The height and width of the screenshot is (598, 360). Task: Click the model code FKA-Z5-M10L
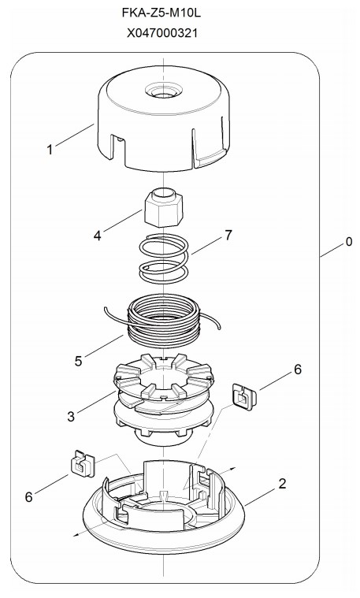tap(161, 13)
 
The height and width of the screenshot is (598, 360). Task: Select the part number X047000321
tap(162, 33)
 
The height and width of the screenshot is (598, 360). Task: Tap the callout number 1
tap(50, 150)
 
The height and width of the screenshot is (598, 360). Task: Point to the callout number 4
tap(98, 236)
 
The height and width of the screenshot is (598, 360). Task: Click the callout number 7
tap(228, 236)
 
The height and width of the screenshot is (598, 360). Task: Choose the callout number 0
tap(348, 241)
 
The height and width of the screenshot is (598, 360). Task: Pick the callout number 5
tap(78, 361)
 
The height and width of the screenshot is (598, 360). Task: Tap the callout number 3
tap(71, 417)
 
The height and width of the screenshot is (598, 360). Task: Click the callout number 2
tap(282, 484)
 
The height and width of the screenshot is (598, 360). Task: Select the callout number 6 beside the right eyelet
tap(298, 370)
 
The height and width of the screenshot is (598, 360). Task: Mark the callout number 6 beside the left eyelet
tap(29, 496)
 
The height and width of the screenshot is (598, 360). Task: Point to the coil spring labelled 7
tap(164, 258)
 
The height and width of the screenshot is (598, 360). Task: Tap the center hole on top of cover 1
tap(164, 91)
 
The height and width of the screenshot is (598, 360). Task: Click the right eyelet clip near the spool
tap(244, 396)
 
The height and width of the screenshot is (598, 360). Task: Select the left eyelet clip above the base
tap(83, 463)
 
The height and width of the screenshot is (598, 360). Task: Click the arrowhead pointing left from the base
tap(76, 535)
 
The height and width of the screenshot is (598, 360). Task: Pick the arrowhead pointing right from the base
tap(232, 469)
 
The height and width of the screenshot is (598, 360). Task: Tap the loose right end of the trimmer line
tap(219, 327)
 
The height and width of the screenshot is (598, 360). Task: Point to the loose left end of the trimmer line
tap(106, 310)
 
